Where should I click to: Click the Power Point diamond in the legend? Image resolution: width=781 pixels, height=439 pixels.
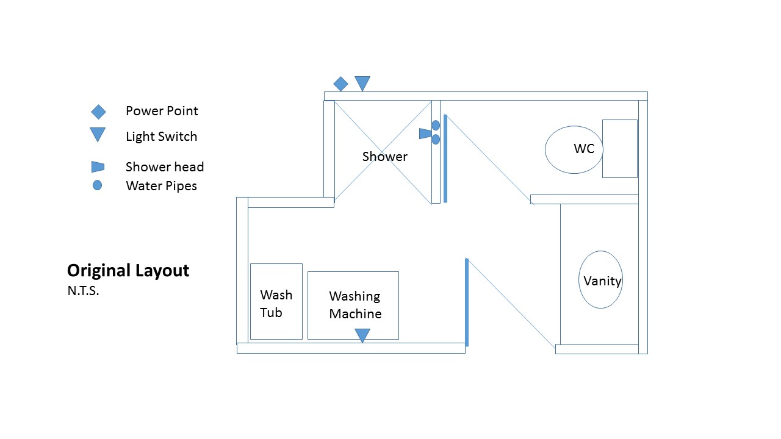98,112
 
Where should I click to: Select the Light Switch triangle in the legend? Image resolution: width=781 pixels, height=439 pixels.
98,134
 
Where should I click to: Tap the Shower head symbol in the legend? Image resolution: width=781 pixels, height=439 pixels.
98,166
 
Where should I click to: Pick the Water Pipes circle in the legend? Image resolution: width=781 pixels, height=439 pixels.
97,185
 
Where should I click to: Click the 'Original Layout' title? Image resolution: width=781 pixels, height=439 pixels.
128,270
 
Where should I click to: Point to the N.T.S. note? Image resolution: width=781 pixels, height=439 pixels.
83,291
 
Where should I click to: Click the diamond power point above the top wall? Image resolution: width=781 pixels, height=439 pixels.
340,84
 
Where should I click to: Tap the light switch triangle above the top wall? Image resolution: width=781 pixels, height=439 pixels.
362,82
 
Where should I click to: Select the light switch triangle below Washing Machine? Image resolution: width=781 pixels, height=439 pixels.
362,335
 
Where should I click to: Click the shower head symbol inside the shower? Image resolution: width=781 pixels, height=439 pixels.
425,133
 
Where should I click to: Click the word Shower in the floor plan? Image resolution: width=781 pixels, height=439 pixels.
384,157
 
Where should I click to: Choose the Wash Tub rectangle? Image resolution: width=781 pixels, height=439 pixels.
276,301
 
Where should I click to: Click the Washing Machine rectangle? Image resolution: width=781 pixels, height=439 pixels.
353,305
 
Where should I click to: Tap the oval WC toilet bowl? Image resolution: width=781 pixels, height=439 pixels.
574,149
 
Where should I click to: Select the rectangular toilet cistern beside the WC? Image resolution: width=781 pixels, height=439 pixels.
619,148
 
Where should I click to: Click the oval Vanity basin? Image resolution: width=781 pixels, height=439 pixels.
600,279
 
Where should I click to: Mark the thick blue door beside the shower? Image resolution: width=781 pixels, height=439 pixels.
445,158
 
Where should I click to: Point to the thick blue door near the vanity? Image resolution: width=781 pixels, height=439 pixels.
467,302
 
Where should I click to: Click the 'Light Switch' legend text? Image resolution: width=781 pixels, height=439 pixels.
161,137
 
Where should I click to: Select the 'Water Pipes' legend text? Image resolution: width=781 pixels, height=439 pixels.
161,185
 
